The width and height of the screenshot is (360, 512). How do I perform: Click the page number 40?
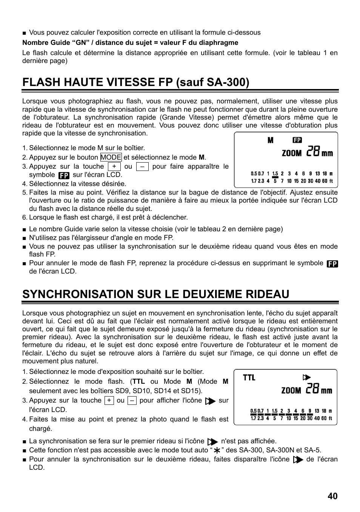pos(332,496)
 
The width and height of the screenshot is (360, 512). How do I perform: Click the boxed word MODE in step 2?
pos(111,157)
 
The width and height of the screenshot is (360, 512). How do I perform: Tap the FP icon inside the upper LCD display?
pos(297,140)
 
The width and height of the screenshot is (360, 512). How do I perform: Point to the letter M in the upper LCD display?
pos(271,140)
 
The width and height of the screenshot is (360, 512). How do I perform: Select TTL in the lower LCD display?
pos(249,378)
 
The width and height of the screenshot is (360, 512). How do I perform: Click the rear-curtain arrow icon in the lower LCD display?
pos(307,377)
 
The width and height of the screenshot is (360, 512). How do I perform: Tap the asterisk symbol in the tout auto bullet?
pos(217,450)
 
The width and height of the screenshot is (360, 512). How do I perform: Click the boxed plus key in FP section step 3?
pos(114,167)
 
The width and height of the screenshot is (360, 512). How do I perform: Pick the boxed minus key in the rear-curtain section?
pos(132,401)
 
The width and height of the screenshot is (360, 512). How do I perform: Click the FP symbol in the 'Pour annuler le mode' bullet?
pos(332,264)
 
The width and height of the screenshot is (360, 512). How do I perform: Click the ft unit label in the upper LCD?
pos(331,181)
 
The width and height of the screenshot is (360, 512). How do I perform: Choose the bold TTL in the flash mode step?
pos(139,381)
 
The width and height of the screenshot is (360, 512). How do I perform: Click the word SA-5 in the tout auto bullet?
pos(313,450)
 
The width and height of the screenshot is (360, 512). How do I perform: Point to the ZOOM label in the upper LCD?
pos(292,153)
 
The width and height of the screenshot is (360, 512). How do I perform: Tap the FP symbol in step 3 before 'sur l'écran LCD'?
pos(64,175)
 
